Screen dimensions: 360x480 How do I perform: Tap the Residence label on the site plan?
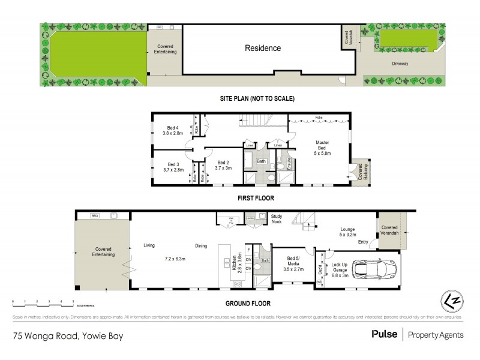point(262,48)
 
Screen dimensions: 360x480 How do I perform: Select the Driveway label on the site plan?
point(400,62)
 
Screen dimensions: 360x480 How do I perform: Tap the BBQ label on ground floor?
point(94,215)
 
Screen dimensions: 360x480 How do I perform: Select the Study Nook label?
point(277,218)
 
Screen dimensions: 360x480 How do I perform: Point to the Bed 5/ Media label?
point(293,262)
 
